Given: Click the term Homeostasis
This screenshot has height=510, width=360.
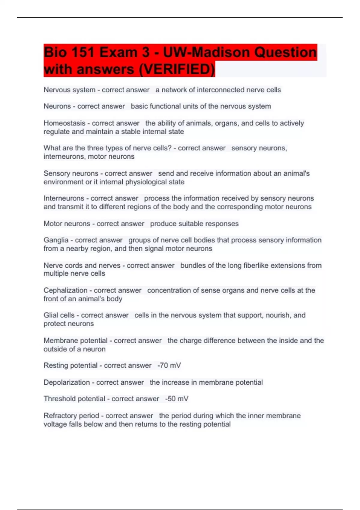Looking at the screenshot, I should click(x=64, y=123).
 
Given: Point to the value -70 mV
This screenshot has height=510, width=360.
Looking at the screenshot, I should click(x=169, y=365).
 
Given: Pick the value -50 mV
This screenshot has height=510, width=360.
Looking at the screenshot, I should click(x=177, y=399).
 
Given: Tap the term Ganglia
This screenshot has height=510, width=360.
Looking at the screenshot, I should click(x=56, y=240).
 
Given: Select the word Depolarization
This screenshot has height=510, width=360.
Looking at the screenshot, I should click(x=67, y=382).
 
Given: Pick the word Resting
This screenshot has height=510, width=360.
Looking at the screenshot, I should click(x=55, y=365).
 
